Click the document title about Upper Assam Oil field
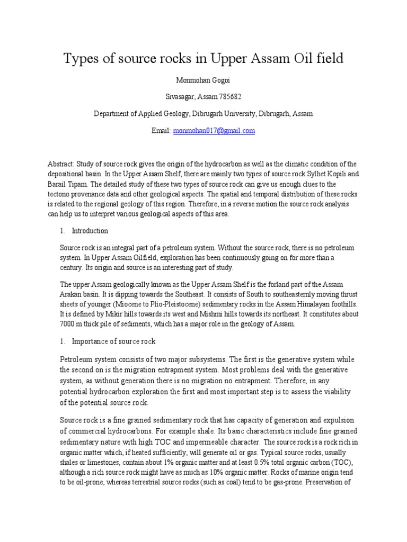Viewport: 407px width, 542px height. pyautogui.click(x=203, y=59)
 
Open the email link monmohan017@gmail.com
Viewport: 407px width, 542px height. pyautogui.click(x=214, y=130)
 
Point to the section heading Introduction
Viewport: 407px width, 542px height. pyautogui.click(x=90, y=231)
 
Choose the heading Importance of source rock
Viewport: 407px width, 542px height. pyautogui.click(x=113, y=341)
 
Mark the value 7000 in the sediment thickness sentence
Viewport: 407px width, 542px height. pyautogui.click(x=69, y=324)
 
